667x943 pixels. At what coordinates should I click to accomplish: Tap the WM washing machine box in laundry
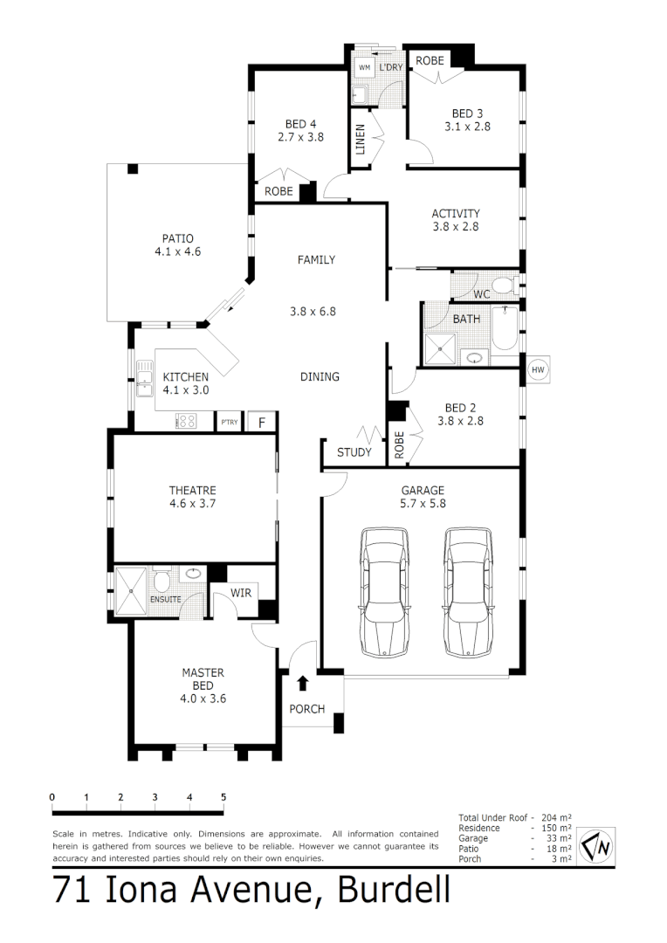pos(364,67)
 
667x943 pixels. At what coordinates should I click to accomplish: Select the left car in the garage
pos(385,592)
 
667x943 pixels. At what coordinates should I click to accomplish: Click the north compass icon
pos(598,844)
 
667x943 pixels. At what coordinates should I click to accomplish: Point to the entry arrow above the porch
pos(303,683)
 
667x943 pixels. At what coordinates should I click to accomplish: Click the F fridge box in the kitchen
pos(261,423)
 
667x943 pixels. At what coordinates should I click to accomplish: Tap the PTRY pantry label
pos(229,423)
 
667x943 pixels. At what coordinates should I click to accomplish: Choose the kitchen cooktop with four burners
pos(186,422)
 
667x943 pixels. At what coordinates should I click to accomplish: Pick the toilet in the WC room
pos(500,285)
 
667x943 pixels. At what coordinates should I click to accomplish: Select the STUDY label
pos(354,452)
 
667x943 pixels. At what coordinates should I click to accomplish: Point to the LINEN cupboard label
pos(360,140)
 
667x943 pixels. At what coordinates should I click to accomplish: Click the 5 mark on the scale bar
pos(223,796)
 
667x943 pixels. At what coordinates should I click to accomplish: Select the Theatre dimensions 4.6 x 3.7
pos(193,504)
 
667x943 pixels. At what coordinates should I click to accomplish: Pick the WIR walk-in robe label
pos(242,593)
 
